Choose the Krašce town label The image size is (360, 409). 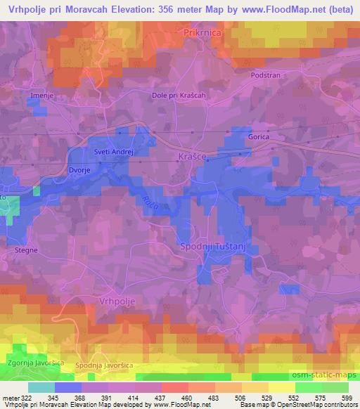(x=192, y=157)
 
